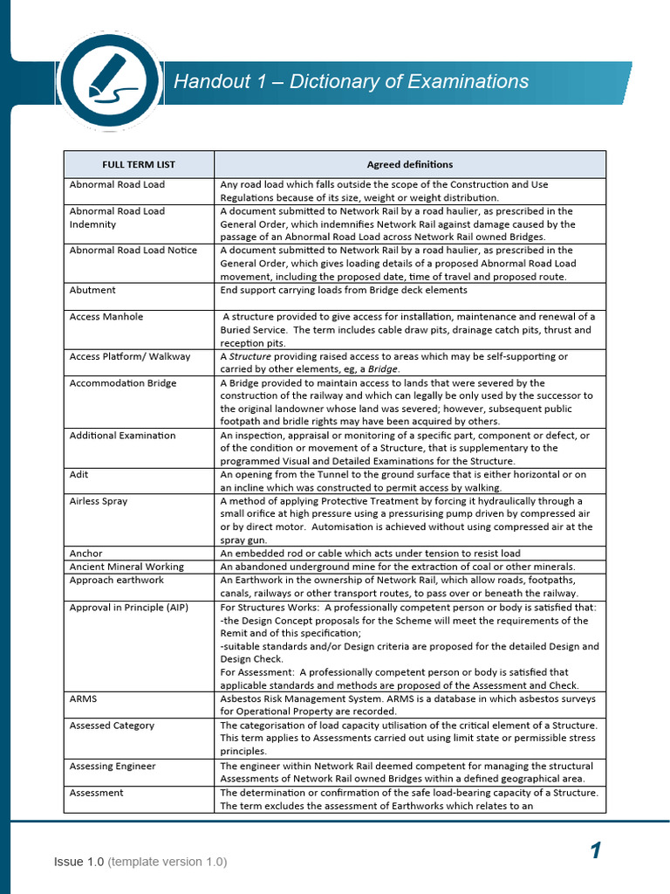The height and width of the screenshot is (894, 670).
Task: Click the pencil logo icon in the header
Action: tap(110, 81)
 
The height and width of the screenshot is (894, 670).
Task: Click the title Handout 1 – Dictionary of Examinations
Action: tap(351, 81)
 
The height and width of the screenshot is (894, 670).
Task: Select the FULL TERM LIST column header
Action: tap(139, 164)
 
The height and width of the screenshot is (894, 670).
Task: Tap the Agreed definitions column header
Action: tap(409, 164)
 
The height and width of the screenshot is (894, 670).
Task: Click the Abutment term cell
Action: tap(92, 290)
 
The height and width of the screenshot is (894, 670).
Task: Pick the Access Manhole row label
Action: tap(106, 317)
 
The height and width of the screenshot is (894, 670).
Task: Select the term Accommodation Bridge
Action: tap(123, 382)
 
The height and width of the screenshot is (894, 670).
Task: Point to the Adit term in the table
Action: tap(79, 475)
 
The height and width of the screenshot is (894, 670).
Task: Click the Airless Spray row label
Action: tap(99, 501)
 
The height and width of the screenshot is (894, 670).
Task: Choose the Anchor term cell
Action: tap(85, 554)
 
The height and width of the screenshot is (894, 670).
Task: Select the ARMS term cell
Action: tap(84, 699)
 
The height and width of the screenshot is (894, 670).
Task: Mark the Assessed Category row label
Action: tap(112, 726)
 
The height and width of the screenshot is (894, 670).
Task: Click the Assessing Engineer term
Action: tap(113, 767)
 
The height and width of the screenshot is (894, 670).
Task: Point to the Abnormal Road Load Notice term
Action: tap(133, 251)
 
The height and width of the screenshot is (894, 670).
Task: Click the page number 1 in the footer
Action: tap(595, 850)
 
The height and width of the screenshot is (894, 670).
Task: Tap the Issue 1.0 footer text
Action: tap(79, 862)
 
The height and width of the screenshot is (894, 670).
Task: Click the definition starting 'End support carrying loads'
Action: tap(343, 290)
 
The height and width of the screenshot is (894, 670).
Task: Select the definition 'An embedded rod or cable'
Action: tap(370, 554)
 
